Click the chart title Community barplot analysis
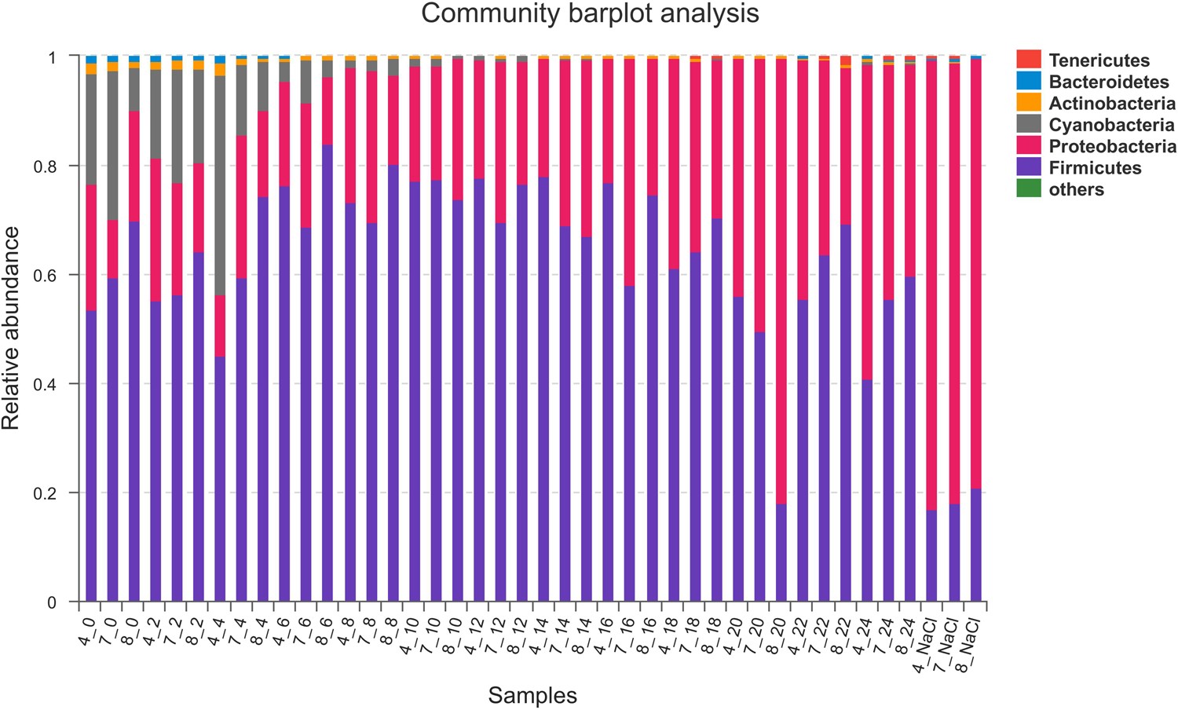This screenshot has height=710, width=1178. tap(590, 13)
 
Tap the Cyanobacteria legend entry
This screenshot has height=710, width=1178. tap(1111, 125)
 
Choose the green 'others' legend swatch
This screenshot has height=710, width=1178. tap(1029, 188)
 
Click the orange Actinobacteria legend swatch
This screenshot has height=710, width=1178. tap(1029, 103)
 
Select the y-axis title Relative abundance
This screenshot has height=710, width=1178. tap(11, 328)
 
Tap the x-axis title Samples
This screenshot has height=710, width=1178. tap(532, 695)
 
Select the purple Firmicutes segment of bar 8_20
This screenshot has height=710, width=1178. tap(781, 553)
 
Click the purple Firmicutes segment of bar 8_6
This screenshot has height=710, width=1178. tap(327, 373)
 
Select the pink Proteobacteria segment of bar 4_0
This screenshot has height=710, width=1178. tap(91, 247)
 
